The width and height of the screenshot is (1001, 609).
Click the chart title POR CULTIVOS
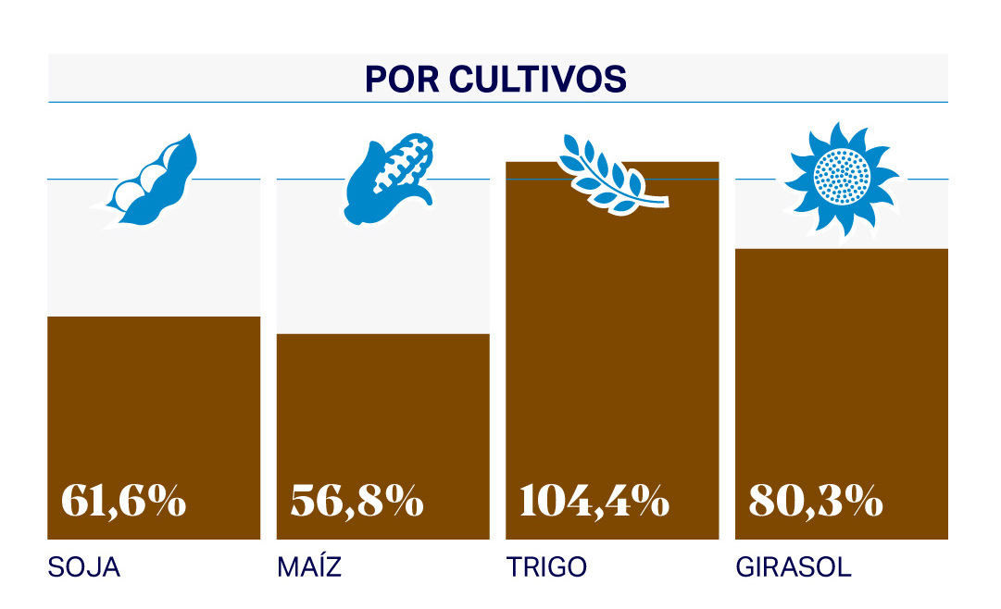[x=496, y=79]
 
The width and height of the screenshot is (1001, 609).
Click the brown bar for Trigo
[x=612, y=352]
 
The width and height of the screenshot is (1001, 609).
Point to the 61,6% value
[x=124, y=501]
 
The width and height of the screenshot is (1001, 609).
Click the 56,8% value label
[x=357, y=501]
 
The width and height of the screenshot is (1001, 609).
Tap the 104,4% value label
[x=594, y=501]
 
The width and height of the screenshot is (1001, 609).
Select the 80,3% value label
[x=816, y=501]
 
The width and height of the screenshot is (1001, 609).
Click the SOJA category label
[x=84, y=567]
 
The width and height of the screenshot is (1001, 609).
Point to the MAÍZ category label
[x=309, y=567]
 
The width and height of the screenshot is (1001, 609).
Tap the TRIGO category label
[x=546, y=567]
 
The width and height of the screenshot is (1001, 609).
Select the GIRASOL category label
[x=794, y=567]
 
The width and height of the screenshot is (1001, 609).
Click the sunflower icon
[x=842, y=177]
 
